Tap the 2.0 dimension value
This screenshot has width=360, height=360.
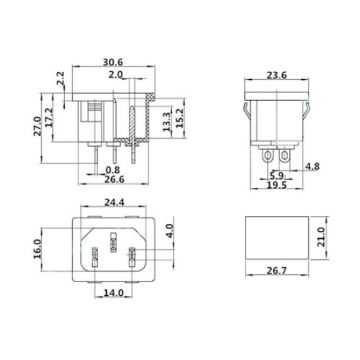(116, 75)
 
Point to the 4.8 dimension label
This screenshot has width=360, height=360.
(313, 167)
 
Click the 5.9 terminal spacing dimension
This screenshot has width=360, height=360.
(276, 175)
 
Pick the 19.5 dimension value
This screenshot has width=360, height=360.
(276, 185)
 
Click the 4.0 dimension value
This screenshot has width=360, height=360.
(169, 231)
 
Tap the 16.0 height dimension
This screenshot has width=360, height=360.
(37, 249)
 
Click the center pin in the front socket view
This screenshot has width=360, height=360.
(114, 244)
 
